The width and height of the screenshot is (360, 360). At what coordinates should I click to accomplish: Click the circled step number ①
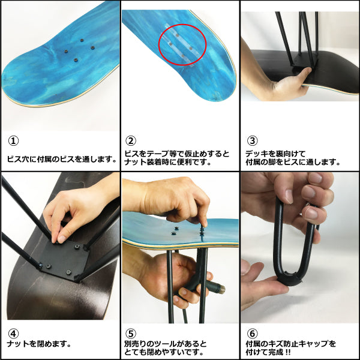click(13, 141)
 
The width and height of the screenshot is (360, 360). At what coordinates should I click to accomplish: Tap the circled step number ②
click(131, 141)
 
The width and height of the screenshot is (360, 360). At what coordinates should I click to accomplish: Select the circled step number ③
click(253, 141)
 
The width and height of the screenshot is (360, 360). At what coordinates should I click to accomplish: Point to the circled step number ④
click(13, 334)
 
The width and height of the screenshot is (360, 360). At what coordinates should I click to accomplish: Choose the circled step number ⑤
click(131, 334)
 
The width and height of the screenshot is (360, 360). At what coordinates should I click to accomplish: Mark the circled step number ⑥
click(253, 334)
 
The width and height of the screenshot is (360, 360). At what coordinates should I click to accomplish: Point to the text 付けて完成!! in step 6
click(268, 352)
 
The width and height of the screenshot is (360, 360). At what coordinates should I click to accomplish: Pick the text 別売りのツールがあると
click(166, 344)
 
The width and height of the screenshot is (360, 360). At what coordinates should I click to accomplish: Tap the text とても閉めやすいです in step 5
click(161, 352)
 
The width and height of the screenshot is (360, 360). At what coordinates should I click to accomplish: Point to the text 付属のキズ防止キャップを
click(291, 344)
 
